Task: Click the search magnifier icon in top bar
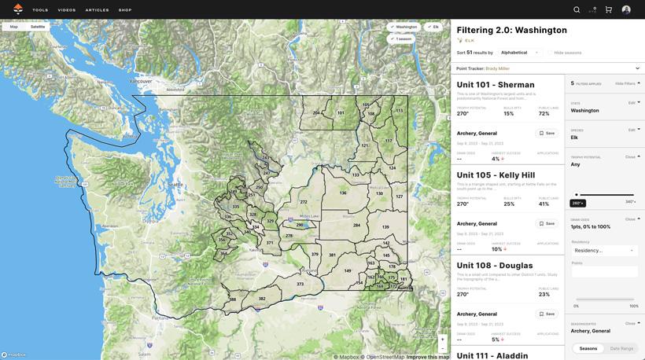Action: (577, 9)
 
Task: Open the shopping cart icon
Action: (609, 9)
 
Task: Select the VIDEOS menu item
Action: (67, 10)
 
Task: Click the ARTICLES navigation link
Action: (98, 10)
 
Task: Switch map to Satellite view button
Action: (38, 27)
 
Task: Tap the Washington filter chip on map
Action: (404, 27)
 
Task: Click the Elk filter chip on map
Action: (433, 27)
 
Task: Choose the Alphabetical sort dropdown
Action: (519, 53)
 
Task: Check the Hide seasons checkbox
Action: (551, 53)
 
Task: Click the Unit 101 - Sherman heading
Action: (496, 85)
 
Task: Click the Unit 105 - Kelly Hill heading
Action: (496, 175)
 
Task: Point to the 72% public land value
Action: (544, 114)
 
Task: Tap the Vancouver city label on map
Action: (141, 82)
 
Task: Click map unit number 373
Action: (300, 284)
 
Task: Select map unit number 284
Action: (356, 225)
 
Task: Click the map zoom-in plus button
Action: (443, 340)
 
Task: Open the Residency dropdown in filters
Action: (603, 250)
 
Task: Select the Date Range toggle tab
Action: (621, 348)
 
